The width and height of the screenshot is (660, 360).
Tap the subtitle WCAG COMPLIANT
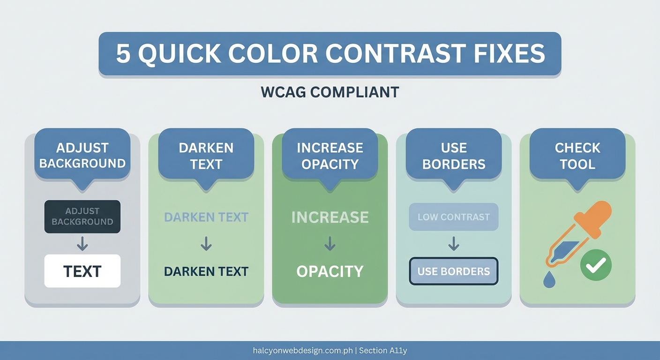click(x=330, y=92)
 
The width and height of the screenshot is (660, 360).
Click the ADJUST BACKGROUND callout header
click(x=82, y=155)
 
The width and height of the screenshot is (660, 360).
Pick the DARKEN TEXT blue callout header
click(x=206, y=155)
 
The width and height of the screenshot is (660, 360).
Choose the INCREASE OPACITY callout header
click(x=330, y=155)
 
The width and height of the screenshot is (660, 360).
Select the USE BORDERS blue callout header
click(x=454, y=155)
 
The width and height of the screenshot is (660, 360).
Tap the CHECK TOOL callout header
click(x=577, y=155)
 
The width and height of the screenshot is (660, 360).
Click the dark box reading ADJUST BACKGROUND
click(x=82, y=217)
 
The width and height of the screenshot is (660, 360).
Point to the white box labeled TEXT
click(x=82, y=271)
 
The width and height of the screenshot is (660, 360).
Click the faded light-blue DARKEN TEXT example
click(x=206, y=217)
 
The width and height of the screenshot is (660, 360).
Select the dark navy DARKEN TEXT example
click(x=206, y=271)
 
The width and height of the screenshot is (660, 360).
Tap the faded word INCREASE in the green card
click(x=330, y=217)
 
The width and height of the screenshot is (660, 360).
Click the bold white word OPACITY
click(x=330, y=271)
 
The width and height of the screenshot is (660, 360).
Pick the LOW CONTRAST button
click(x=453, y=217)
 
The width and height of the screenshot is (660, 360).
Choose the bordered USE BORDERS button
click(x=453, y=271)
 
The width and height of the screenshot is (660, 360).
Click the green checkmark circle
click(x=596, y=265)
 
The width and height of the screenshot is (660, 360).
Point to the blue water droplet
click(x=549, y=280)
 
